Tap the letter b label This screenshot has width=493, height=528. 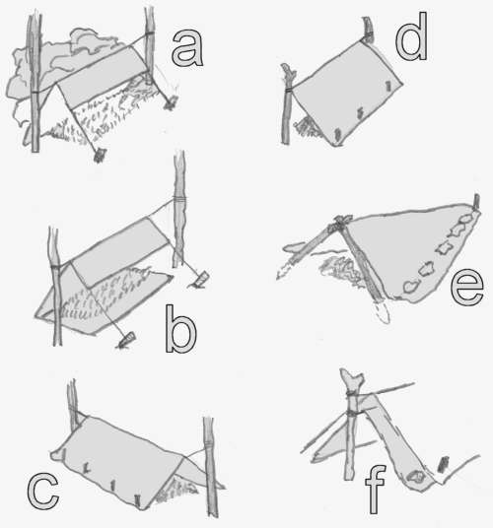pos(182,330)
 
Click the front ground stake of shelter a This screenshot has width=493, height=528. pos(101,154)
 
